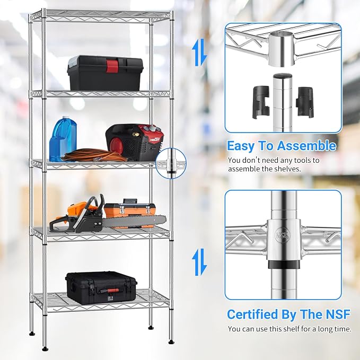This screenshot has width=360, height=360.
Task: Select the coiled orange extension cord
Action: pyautogui.click(x=94, y=155)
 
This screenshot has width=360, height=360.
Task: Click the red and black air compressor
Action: pyautogui.click(x=135, y=142)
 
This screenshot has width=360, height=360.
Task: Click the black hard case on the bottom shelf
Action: pyautogui.click(x=101, y=288)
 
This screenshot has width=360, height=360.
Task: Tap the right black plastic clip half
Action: pyautogui.click(x=304, y=102)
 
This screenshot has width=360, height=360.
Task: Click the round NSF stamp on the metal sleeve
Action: pyautogui.click(x=283, y=235)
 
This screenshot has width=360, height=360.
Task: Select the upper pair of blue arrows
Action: pyautogui.click(x=199, y=52)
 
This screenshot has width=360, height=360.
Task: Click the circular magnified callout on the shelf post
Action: pyautogui.click(x=171, y=163)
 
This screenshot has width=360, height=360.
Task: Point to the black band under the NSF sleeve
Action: pyautogui.click(x=284, y=264)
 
